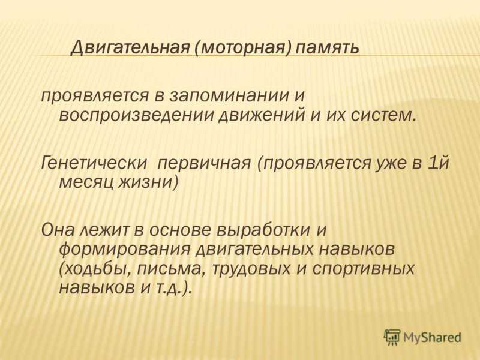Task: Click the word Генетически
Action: point(94,163)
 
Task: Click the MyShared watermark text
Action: point(432,338)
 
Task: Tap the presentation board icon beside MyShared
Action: point(392,337)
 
